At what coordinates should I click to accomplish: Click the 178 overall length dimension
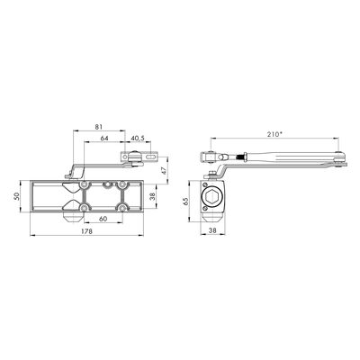pyautogui.click(x=86, y=231)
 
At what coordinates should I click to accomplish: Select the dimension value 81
pyautogui.click(x=99, y=127)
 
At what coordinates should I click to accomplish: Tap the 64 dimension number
pyautogui.click(x=104, y=138)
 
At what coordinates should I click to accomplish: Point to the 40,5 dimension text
pyautogui.click(x=138, y=138)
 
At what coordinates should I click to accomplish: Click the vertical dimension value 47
pyautogui.click(x=164, y=170)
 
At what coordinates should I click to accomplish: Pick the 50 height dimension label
pyautogui.click(x=16, y=196)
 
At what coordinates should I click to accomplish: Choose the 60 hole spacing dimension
pyautogui.click(x=103, y=219)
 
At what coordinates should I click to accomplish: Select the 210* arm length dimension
pyautogui.click(x=274, y=134)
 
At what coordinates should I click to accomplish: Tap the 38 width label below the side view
pyautogui.click(x=212, y=230)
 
